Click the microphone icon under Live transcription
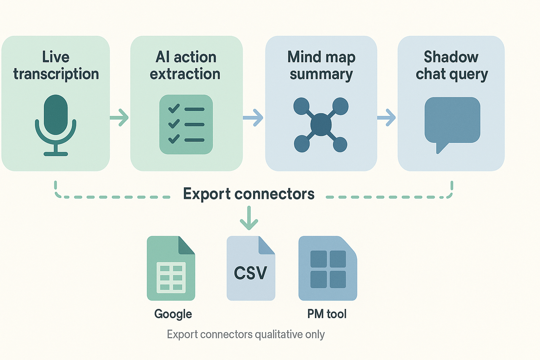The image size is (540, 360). click(x=55, y=125)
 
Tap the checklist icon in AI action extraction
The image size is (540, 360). click(x=186, y=124)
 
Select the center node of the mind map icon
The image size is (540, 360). click(x=321, y=125)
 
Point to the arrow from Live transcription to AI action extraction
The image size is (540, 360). click(x=119, y=117)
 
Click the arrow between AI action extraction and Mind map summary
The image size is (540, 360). click(x=253, y=117)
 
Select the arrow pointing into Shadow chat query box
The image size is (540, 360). click(x=386, y=117)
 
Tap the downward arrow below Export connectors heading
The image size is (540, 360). click(x=249, y=218)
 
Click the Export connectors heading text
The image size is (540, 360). click(x=249, y=194)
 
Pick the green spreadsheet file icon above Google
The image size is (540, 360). click(x=170, y=268)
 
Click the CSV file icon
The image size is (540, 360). click(x=251, y=268)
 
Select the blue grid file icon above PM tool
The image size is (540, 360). click(x=327, y=268)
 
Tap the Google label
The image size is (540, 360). click(x=173, y=314)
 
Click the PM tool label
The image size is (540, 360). click(x=327, y=314)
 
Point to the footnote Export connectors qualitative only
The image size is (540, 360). click(x=246, y=335)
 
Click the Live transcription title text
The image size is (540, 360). click(x=56, y=65)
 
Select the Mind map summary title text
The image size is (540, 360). click(x=321, y=65)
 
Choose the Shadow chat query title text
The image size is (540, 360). click(x=451, y=65)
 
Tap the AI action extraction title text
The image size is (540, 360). click(x=186, y=65)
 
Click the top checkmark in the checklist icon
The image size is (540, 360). click(x=173, y=109)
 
